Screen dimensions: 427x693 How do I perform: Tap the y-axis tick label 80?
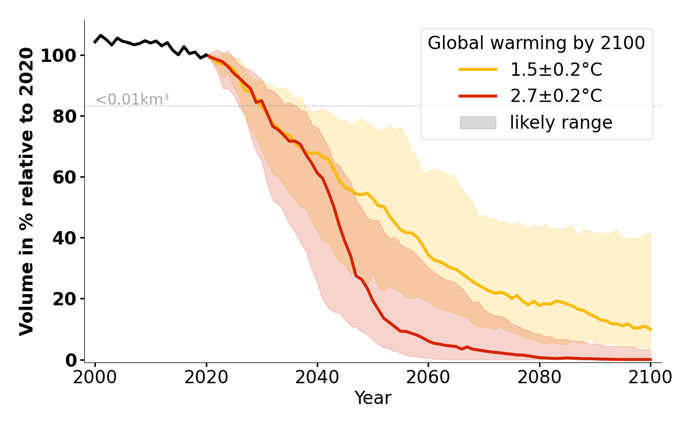click(x=64, y=116)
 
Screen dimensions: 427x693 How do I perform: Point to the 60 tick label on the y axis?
click(x=64, y=177)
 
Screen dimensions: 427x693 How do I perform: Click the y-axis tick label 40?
click(x=64, y=238)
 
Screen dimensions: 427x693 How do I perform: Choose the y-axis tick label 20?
click(x=64, y=299)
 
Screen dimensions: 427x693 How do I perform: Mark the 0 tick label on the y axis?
click(x=70, y=360)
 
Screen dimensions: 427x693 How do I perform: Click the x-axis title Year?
click(x=373, y=398)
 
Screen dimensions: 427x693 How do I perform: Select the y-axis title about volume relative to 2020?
click(x=27, y=191)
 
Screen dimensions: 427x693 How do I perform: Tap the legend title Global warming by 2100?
click(x=536, y=43)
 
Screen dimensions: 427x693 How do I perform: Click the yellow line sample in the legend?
click(x=478, y=69)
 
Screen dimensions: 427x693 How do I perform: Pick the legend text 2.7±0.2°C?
click(x=556, y=96)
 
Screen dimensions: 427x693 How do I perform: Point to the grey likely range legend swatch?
click(x=478, y=123)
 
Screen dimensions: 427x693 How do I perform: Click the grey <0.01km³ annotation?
click(x=132, y=100)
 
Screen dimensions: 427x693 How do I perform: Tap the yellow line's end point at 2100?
click(x=650, y=329)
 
